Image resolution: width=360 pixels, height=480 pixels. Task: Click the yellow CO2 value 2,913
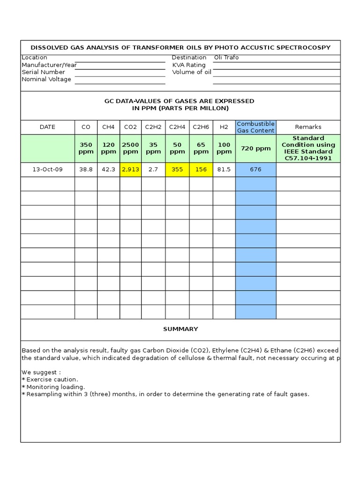[130, 170]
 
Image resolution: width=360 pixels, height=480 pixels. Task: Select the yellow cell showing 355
[177, 170]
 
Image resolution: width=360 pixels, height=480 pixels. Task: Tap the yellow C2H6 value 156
[201, 170]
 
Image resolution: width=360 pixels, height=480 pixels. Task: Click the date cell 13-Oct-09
[47, 170]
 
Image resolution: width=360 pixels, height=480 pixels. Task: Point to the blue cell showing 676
[255, 170]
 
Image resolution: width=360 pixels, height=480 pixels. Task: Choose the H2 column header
[224, 127]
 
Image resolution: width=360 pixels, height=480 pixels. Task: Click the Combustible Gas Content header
[255, 127]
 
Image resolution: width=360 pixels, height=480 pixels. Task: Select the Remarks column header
[308, 127]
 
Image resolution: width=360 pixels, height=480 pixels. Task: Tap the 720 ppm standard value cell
[255, 149]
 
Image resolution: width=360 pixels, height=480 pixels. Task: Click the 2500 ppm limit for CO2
[130, 149]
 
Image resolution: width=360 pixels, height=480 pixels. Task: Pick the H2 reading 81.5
[224, 170]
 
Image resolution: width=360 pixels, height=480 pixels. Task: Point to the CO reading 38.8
[86, 170]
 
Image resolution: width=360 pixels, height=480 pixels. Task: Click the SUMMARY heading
[180, 329]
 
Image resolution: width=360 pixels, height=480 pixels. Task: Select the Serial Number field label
[43, 72]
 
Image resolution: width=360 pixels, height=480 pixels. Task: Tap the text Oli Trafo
[226, 58]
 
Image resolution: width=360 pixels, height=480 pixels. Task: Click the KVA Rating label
[188, 65]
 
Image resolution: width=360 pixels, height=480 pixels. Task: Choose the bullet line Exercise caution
[52, 379]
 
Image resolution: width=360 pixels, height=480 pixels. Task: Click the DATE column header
[47, 127]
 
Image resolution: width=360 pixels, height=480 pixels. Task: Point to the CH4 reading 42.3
[108, 170]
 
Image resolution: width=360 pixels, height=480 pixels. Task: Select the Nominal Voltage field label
[46, 79]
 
